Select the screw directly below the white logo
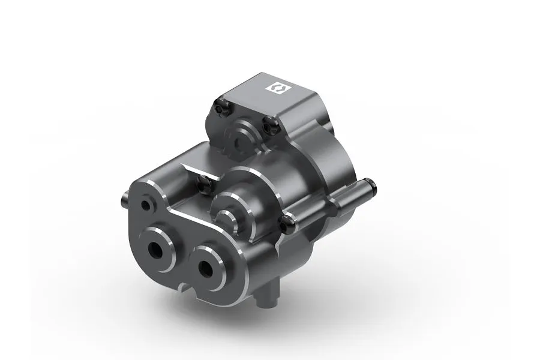tap(269, 125)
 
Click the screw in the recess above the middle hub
tap(203, 182)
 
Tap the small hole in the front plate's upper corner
tap(146, 205)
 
